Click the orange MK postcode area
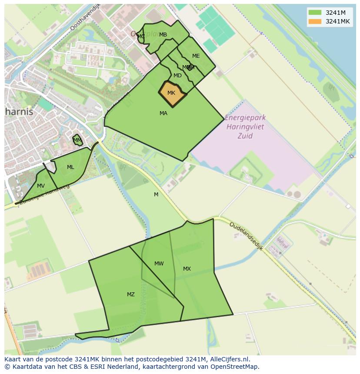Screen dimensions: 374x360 [x=172, y=94]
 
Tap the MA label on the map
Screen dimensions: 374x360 [x=163, y=113]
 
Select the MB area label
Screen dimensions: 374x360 [x=163, y=35]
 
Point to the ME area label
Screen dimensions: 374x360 [x=196, y=56]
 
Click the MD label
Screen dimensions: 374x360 [x=177, y=76]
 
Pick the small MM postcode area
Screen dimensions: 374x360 [x=77, y=140]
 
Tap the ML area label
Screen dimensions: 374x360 [x=70, y=167]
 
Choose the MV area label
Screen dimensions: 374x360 [x=41, y=186]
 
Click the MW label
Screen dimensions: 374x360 [x=159, y=264]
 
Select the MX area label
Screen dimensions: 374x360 [x=187, y=269]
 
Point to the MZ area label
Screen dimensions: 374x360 [x=131, y=295]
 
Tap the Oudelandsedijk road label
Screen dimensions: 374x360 [x=246, y=238]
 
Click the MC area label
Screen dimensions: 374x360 [x=141, y=36]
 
